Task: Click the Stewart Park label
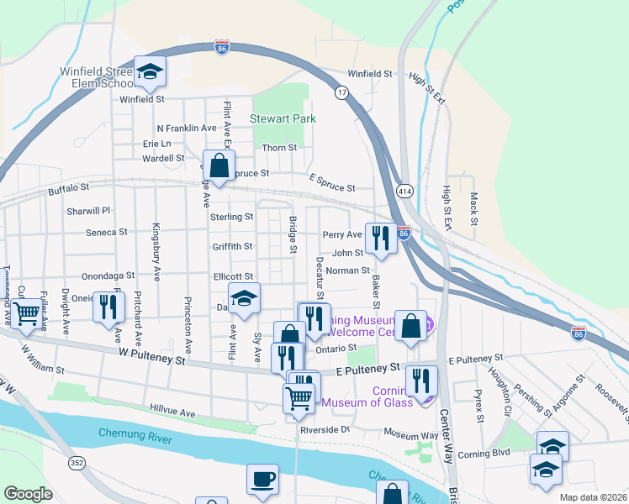point(283,118)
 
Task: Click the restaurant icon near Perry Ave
point(381,238)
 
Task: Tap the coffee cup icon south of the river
point(262,478)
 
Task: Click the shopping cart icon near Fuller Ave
point(27,312)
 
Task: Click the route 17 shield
point(341,92)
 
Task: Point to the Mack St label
point(474,209)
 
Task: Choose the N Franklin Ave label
point(187,128)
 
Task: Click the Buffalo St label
point(68,191)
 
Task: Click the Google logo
point(28,494)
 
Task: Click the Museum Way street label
point(411,434)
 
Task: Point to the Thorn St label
point(280,148)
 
